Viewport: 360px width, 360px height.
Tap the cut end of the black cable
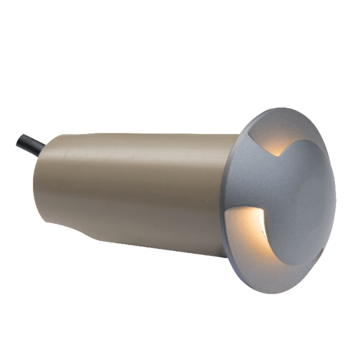(x=19, y=139)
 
